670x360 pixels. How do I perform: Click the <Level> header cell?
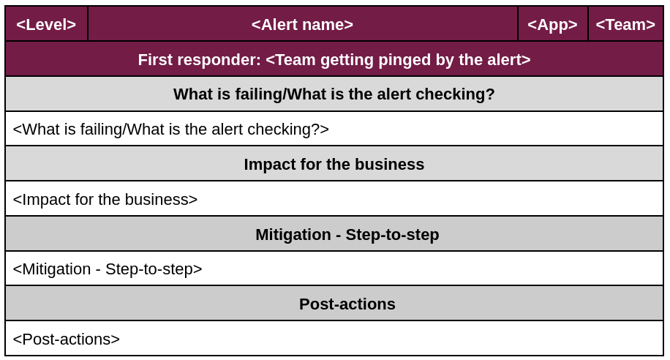pos(46,24)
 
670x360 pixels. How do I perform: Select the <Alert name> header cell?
pos(303,24)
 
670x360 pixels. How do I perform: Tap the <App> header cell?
pos(552,24)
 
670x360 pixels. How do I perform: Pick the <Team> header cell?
pos(625,24)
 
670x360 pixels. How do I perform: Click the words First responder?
pos(199,60)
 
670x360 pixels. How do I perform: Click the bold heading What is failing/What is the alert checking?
pos(334,94)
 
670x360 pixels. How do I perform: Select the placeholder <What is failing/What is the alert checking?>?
pos(171,129)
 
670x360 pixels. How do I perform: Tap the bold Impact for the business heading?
pos(334,164)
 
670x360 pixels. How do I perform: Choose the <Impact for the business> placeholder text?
pos(105,199)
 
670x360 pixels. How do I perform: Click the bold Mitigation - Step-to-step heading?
pos(347,234)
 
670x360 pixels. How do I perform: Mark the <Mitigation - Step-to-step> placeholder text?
pos(108,269)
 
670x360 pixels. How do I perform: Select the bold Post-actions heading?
pos(347,304)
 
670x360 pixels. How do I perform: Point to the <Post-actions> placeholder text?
pos(67,339)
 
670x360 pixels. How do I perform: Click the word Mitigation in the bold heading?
pos(293,234)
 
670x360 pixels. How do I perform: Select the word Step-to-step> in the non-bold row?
pos(154,269)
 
